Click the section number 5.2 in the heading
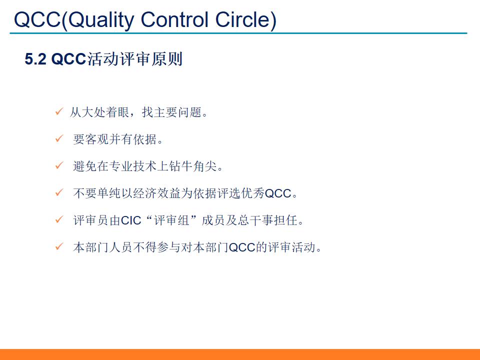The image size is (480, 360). [x=35, y=59]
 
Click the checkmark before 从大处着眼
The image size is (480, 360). [x=58, y=111]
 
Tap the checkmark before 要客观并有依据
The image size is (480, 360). [x=58, y=138]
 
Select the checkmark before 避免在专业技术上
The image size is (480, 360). [x=58, y=165]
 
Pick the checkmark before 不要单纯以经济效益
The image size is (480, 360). [x=58, y=192]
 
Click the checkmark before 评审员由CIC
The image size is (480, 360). [x=58, y=219]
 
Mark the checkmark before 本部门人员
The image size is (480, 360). [x=58, y=246]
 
